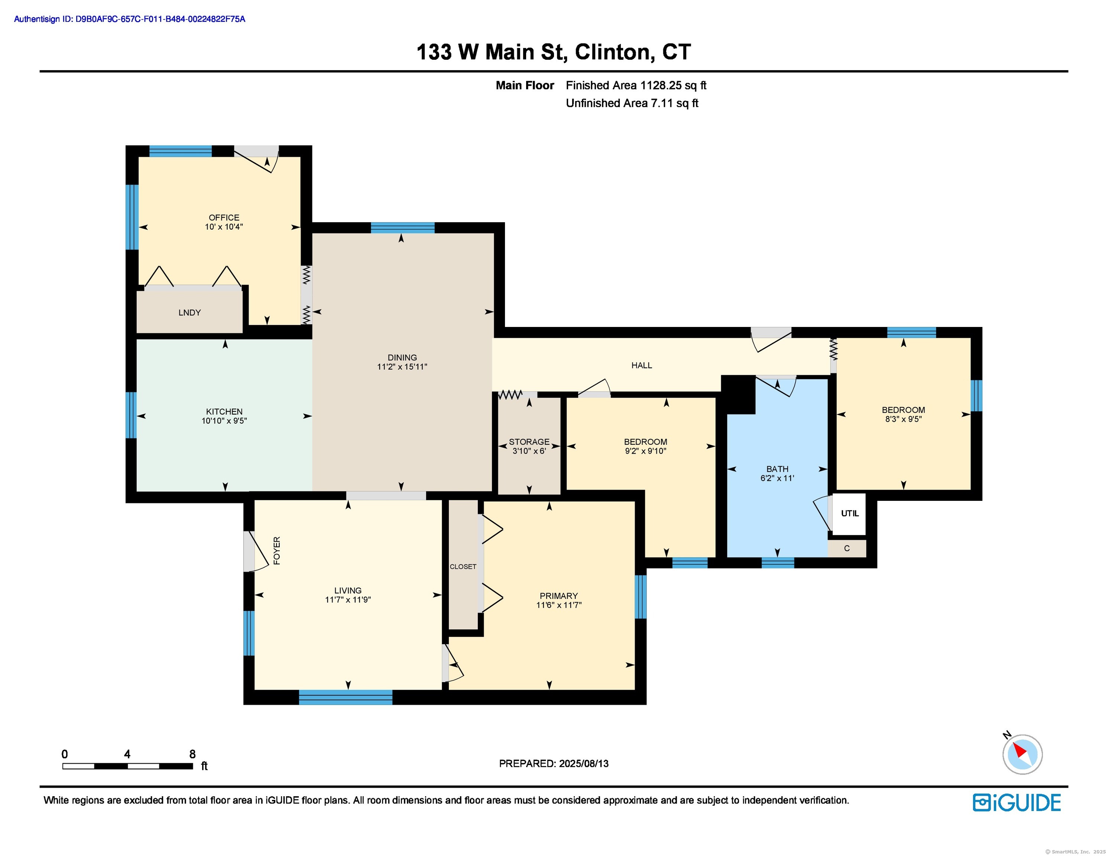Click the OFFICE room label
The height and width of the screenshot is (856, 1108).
(224, 218)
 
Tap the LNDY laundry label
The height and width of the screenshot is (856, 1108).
(189, 312)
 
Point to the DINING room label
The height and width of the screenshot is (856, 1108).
(402, 357)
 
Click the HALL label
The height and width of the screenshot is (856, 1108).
(641, 365)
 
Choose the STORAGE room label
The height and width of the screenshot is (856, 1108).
(529, 441)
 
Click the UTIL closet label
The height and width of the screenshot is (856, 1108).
(850, 513)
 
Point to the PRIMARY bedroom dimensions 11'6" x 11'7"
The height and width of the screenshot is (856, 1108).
(558, 605)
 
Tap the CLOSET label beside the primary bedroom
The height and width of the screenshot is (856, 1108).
(463, 567)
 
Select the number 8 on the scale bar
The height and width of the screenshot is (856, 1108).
(192, 754)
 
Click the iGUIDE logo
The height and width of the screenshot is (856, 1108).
(1017, 803)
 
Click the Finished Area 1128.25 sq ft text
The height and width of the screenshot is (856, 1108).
(636, 85)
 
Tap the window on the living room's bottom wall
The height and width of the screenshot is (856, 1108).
(346, 697)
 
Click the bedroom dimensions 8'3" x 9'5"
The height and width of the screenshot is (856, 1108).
(903, 419)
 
